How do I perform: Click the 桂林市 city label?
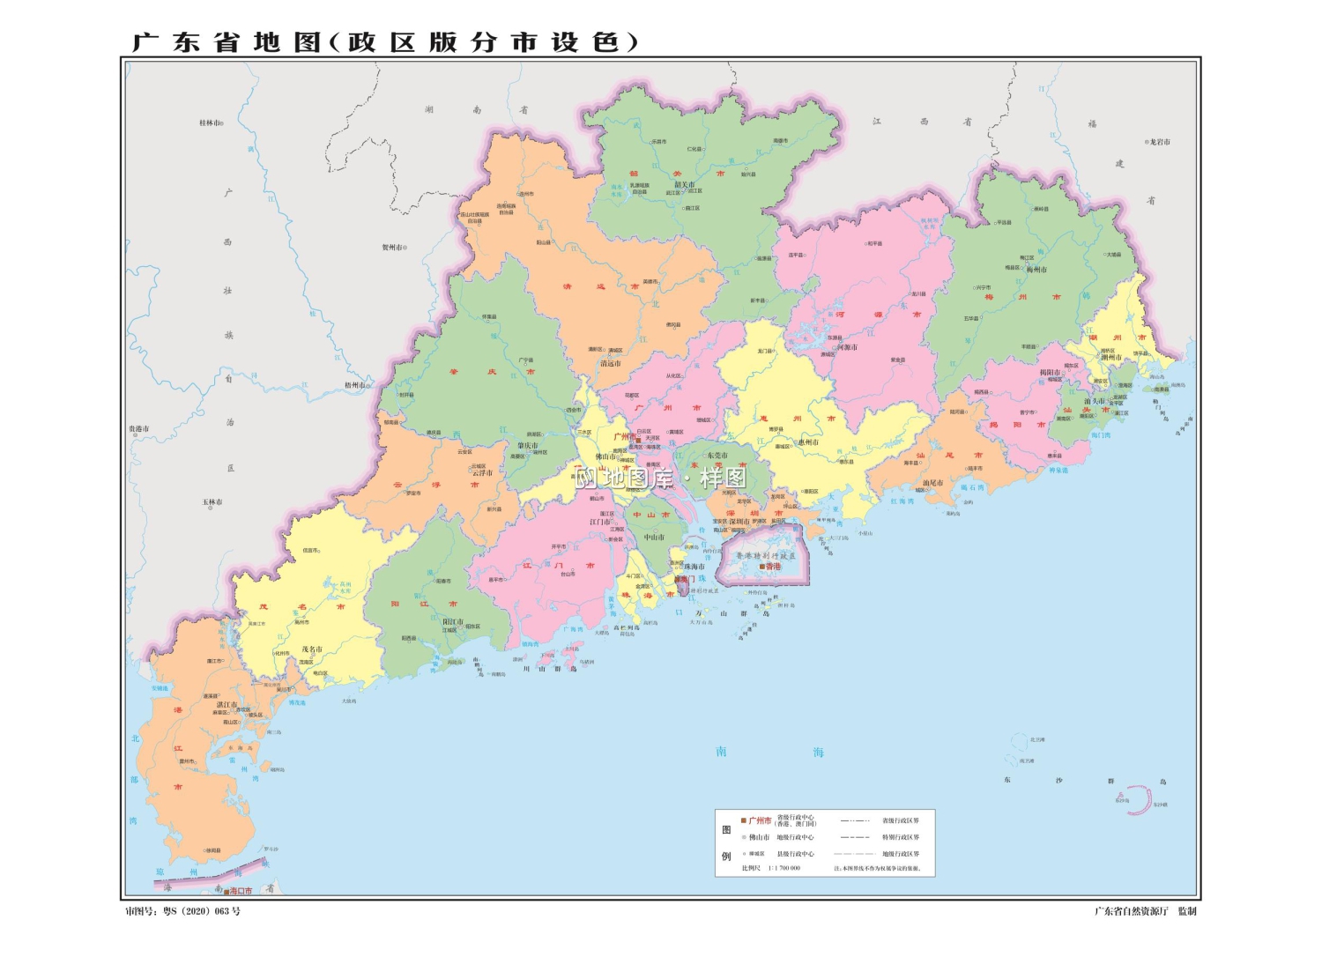[x=210, y=122]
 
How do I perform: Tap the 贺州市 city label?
[x=393, y=248]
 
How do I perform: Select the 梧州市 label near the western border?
[x=354, y=385]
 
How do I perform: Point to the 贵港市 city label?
[x=139, y=429]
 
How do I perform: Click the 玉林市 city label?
[x=212, y=502]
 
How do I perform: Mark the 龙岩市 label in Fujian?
[x=1159, y=142]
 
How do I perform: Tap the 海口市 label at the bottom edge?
[x=241, y=891]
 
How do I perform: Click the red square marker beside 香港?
[x=761, y=567]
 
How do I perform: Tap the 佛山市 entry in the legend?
[x=759, y=837]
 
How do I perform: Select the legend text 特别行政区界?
[x=900, y=837]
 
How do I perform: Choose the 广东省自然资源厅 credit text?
[x=1131, y=911]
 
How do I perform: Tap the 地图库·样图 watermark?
[x=661, y=478]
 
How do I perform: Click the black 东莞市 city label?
[x=717, y=456]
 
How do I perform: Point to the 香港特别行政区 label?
[x=766, y=556]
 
